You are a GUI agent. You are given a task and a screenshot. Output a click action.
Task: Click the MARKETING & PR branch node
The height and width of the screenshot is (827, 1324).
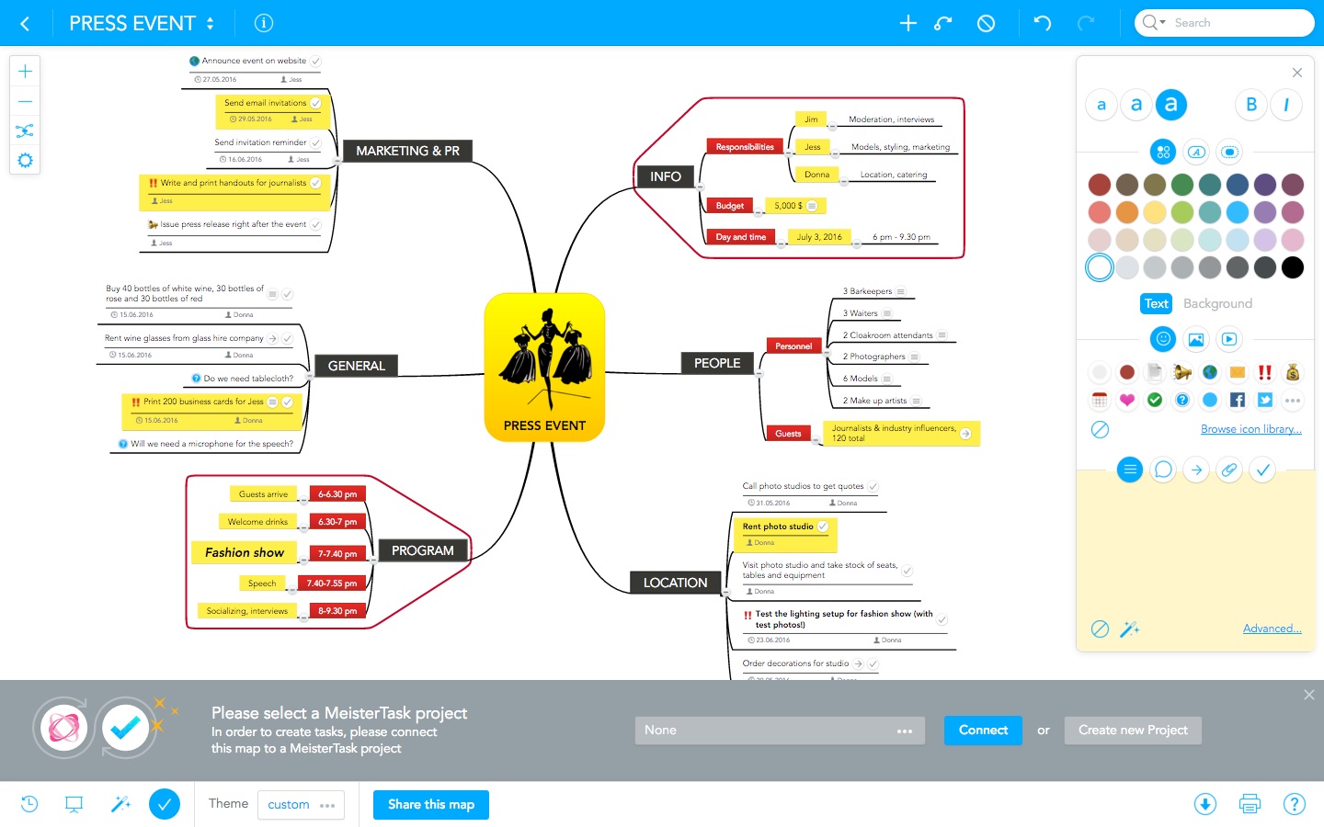407,151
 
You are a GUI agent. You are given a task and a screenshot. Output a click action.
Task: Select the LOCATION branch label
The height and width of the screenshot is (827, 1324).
675,583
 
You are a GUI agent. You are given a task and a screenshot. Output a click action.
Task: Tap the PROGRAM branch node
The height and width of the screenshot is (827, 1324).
422,550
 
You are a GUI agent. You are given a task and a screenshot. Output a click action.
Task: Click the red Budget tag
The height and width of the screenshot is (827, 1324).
730,206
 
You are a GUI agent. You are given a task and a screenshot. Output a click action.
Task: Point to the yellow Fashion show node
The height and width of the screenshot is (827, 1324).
245,552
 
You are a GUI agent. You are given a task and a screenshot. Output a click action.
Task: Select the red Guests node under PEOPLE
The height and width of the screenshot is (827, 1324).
788,434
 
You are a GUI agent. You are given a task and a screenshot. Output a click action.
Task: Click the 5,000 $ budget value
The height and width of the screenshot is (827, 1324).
788,206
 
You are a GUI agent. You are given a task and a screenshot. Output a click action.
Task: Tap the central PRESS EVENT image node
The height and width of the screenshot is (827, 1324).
544,367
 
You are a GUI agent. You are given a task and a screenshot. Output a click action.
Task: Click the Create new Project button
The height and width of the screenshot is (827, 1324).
1133,731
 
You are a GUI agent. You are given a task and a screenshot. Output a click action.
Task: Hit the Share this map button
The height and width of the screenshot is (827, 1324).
431,805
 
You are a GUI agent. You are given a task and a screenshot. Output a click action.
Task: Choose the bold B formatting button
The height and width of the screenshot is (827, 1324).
1251,105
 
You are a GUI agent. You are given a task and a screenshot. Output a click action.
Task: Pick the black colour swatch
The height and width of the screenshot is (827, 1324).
1293,267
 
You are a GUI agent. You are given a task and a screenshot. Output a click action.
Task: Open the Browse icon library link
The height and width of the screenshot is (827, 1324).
1250,429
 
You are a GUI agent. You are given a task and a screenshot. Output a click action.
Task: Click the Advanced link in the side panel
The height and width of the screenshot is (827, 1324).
1272,629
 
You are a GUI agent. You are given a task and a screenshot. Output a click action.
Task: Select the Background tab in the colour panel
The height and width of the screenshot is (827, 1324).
1217,303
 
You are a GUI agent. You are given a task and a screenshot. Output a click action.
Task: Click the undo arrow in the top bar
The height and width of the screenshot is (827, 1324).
1043,23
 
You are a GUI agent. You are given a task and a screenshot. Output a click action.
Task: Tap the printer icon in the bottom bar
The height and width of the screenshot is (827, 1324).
1250,804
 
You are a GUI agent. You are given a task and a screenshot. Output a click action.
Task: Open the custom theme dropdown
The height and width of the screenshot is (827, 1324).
301,805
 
